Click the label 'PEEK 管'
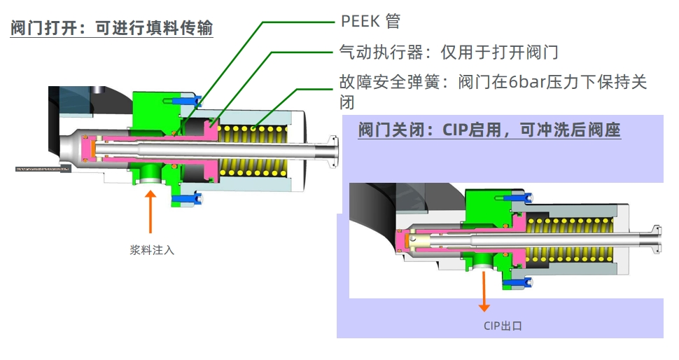(x=370, y=21)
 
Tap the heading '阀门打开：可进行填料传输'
(x=111, y=29)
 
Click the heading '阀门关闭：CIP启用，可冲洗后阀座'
(x=489, y=130)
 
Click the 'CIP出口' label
(x=502, y=326)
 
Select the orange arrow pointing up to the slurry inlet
(x=150, y=210)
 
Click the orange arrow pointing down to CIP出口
(x=484, y=291)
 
